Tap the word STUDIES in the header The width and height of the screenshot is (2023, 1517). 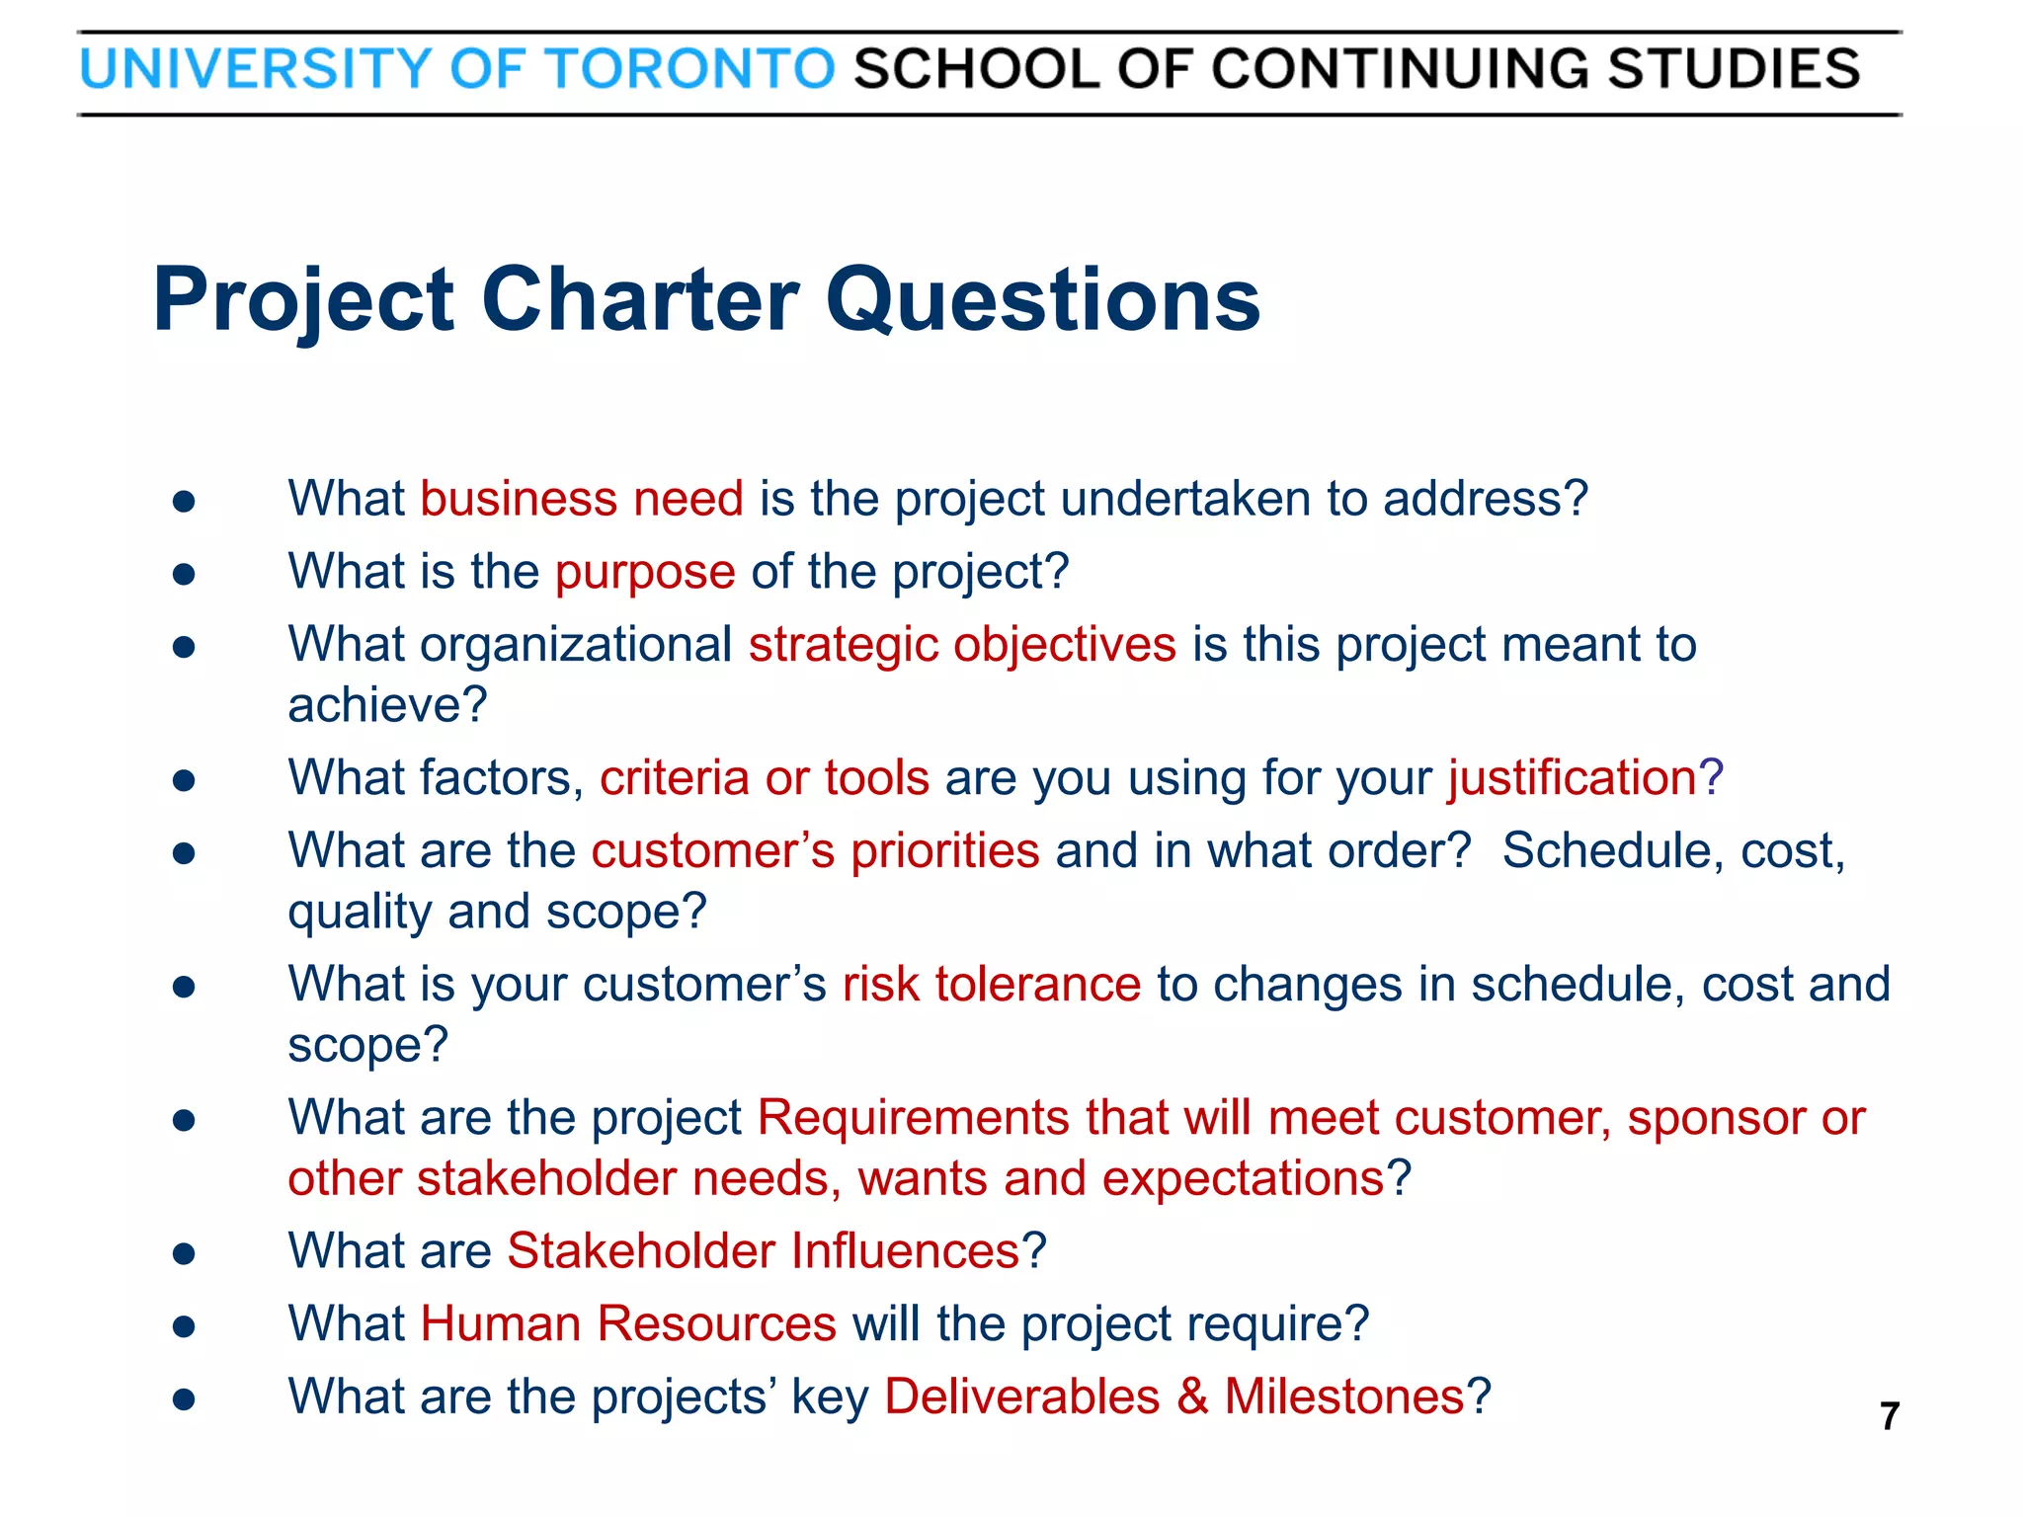tap(1734, 69)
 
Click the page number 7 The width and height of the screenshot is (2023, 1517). tap(1890, 1416)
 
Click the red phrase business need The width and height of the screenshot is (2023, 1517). tap(582, 498)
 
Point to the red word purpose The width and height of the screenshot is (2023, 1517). tap(645, 573)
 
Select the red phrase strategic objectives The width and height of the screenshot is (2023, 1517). tap(962, 645)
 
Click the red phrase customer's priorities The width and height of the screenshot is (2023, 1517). tap(815, 850)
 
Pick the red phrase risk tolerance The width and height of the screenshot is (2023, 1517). tap(992, 984)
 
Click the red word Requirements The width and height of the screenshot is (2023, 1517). tap(914, 1118)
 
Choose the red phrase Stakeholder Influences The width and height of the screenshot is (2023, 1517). tap(763, 1251)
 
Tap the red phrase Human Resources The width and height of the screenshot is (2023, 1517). tap(628, 1323)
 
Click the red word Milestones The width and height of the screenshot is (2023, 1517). tap(1343, 1397)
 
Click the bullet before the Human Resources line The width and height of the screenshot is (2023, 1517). tap(184, 1326)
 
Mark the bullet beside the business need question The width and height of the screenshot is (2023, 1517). tap(184, 501)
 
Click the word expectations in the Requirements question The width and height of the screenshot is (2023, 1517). tap(1243, 1178)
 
